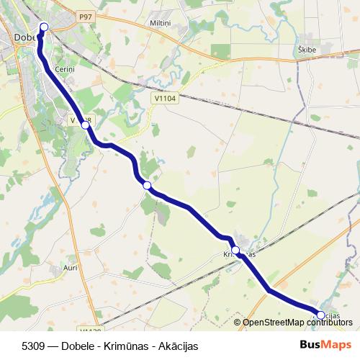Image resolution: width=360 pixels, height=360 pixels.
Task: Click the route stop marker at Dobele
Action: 43,27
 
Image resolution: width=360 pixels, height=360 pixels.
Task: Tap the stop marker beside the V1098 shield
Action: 86,125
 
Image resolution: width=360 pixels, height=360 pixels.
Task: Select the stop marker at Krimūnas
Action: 235,251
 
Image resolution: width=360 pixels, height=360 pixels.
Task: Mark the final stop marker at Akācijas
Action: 320,315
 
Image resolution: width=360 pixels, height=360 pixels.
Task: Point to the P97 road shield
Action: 86,16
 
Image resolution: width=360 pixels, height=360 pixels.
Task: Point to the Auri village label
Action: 71,267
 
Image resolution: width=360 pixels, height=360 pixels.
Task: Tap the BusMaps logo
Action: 325,346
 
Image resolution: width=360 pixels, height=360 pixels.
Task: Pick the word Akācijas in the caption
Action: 175,346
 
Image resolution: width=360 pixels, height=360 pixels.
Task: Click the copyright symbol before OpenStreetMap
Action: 237,323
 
